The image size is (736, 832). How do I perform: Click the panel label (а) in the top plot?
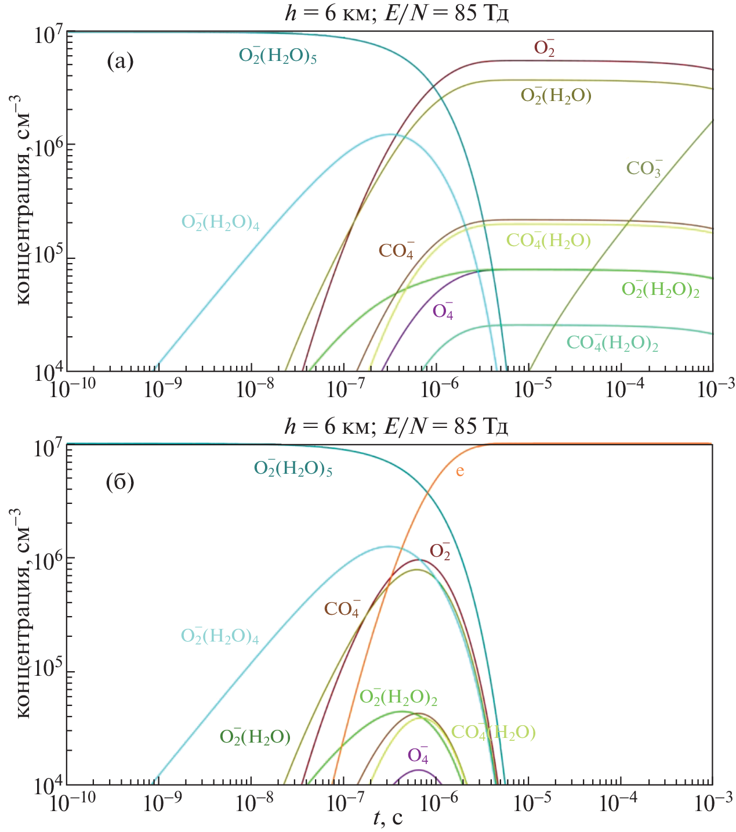(x=120, y=61)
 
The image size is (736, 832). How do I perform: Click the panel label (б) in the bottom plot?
(x=120, y=481)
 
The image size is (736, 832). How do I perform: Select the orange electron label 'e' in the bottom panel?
(x=459, y=471)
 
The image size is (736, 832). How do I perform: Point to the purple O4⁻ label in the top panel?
(x=443, y=311)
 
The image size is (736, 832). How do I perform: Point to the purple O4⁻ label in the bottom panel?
(x=418, y=755)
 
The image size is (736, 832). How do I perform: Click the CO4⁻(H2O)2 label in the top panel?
(x=612, y=343)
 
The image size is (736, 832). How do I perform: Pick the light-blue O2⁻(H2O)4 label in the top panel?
(x=220, y=222)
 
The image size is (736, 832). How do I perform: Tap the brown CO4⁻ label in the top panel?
(x=396, y=250)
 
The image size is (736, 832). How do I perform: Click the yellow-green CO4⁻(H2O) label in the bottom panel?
(x=494, y=732)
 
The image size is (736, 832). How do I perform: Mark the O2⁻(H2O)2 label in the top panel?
(x=660, y=289)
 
